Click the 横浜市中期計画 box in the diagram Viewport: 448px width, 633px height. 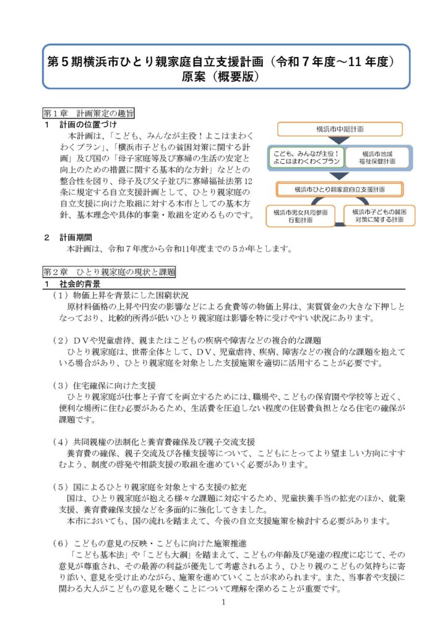pyautogui.click(x=340, y=129)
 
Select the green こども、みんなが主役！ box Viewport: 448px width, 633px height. pyautogui.click(x=305, y=156)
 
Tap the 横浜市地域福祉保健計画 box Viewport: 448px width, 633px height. pyautogui.click(x=377, y=156)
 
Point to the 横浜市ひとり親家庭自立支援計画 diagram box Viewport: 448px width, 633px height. pyautogui.click(x=340, y=189)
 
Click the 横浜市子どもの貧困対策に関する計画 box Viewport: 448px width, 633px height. pyautogui.click(x=379, y=215)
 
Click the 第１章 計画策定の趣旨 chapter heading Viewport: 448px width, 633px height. pyautogui.click(x=88, y=114)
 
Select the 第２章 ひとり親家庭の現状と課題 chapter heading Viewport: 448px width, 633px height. pyautogui.click(x=109, y=271)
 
